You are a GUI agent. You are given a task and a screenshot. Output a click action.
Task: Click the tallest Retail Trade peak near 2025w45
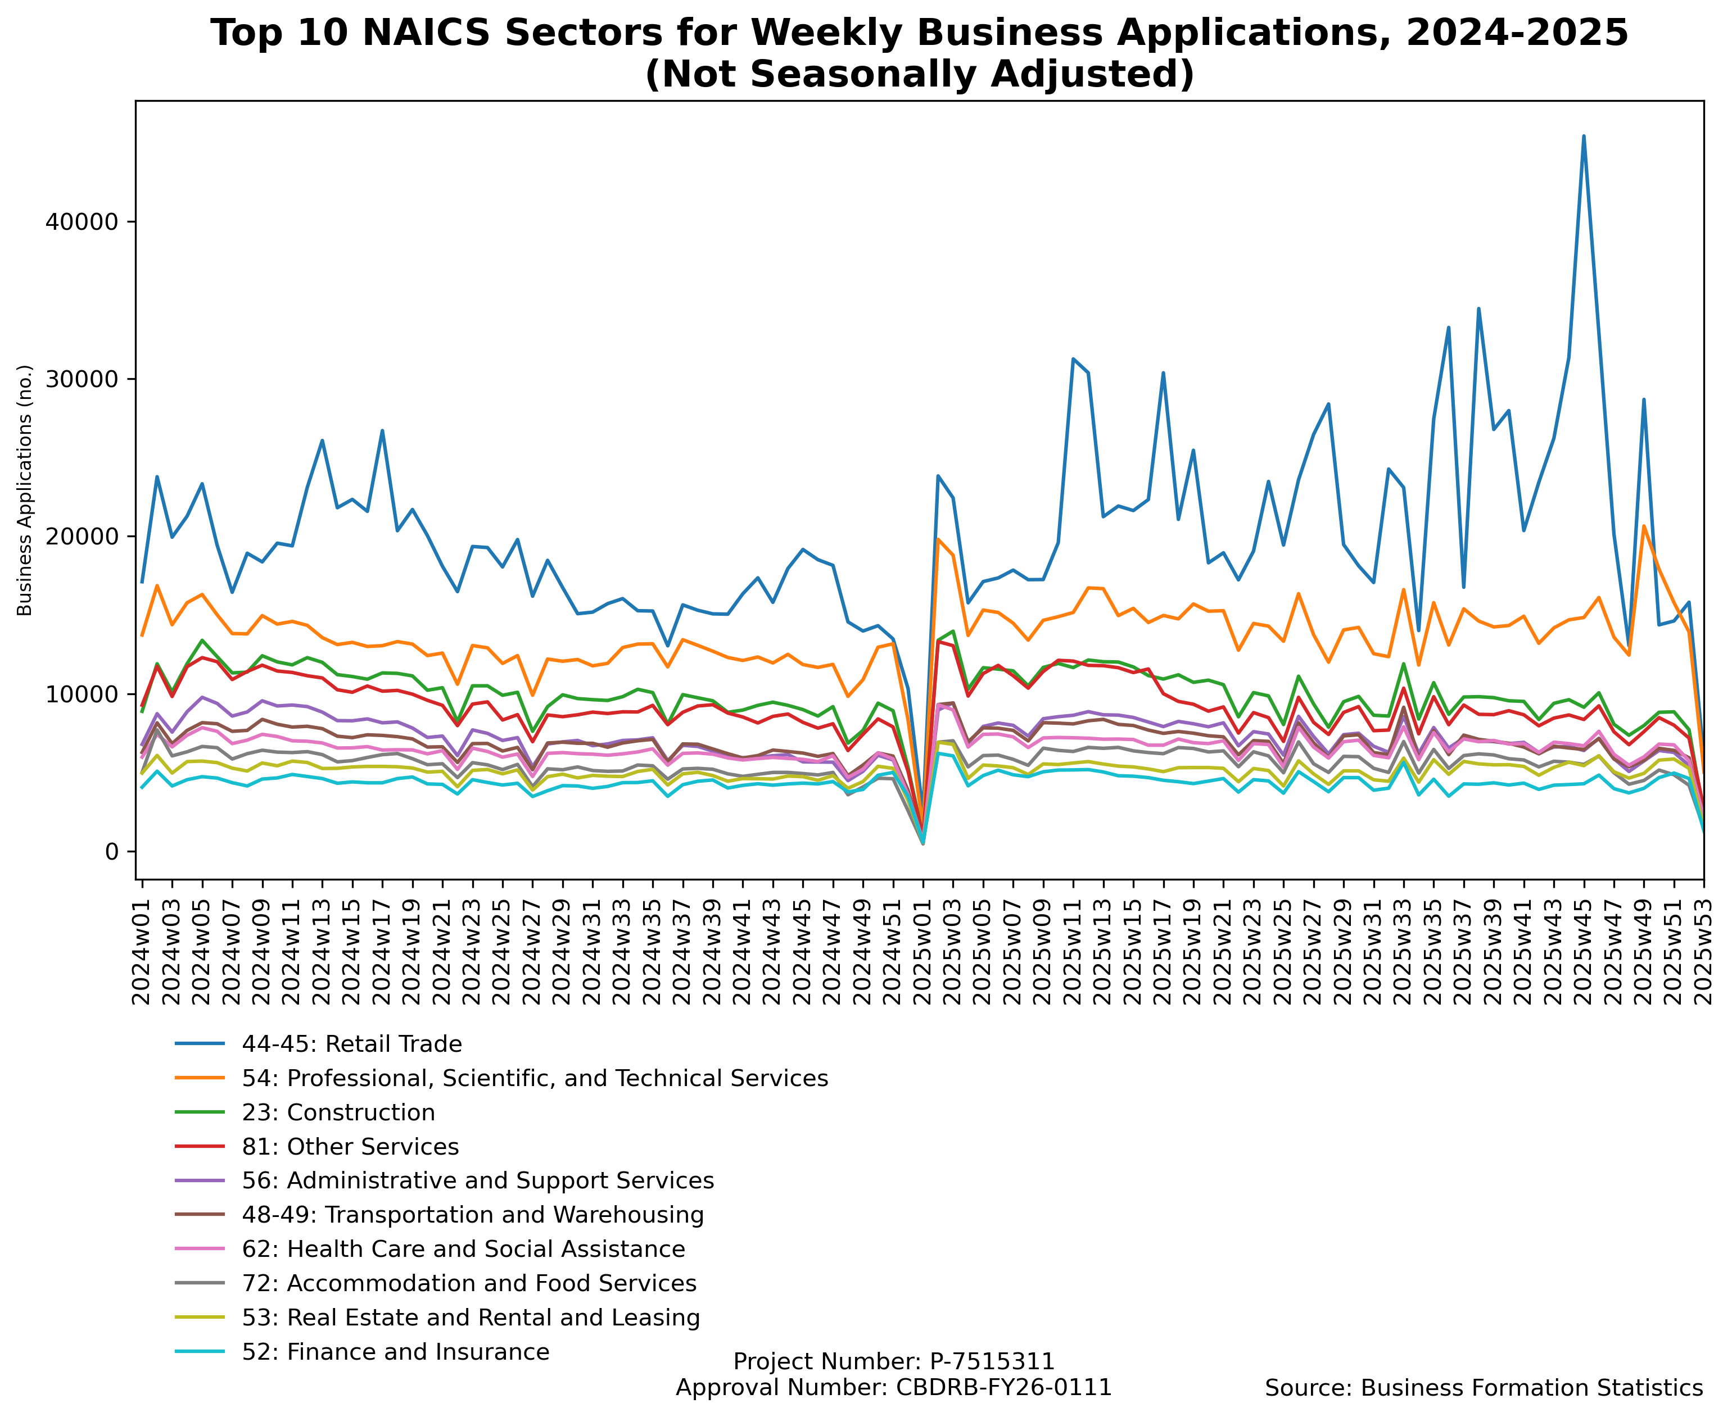coord(1584,137)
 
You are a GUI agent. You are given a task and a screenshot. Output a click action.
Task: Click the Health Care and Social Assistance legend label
coord(463,1250)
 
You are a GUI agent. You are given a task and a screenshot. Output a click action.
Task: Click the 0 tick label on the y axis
coord(112,852)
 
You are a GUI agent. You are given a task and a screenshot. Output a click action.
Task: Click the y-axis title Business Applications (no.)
coord(25,490)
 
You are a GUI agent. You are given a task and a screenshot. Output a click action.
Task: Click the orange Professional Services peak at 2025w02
coord(938,539)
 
